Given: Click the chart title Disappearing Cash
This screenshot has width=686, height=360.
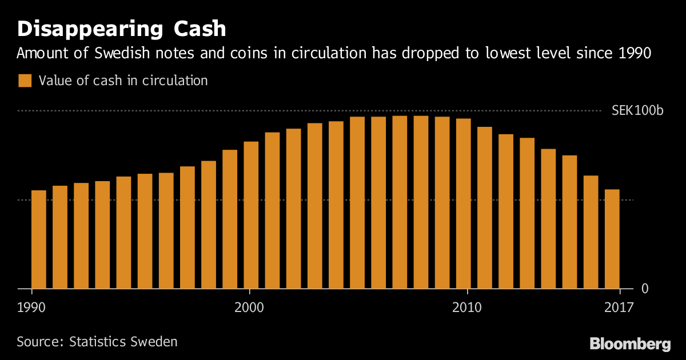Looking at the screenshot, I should pyautogui.click(x=122, y=29).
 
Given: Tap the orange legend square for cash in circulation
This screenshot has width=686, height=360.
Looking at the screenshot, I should pyautogui.click(x=25, y=81).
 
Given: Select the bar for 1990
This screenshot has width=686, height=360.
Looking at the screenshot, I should pyautogui.click(x=38, y=239).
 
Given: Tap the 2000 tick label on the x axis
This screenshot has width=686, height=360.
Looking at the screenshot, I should pyautogui.click(x=249, y=307).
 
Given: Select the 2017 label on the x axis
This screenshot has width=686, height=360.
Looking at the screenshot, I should pyautogui.click(x=620, y=307).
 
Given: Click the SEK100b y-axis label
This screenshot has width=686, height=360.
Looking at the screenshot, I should pyautogui.click(x=637, y=111).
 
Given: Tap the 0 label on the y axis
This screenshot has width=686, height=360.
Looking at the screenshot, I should pyautogui.click(x=645, y=289).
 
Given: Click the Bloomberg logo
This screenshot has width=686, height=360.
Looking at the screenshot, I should pyautogui.click(x=630, y=344).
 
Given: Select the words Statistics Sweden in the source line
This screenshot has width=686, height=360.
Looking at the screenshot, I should pyautogui.click(x=123, y=342).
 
